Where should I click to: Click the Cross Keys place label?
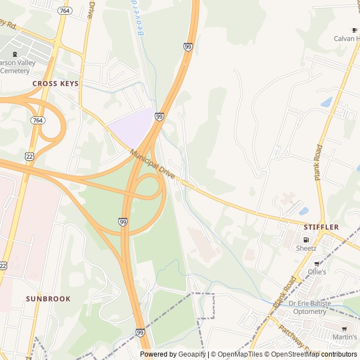coord(56,83)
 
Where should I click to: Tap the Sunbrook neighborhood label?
coord(48,299)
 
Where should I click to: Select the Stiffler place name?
coord(321,227)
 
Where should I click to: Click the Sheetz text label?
coord(306,248)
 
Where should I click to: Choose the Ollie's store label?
coord(317,272)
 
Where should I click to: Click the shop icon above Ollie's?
coord(317,263)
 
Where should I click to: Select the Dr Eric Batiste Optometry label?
coord(314,307)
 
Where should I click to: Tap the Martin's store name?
coord(345,337)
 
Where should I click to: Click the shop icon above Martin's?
coord(344,328)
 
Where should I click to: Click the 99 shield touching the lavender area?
coord(160,116)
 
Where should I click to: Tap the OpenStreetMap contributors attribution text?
coord(313,354)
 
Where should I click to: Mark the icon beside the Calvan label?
coord(354,30)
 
